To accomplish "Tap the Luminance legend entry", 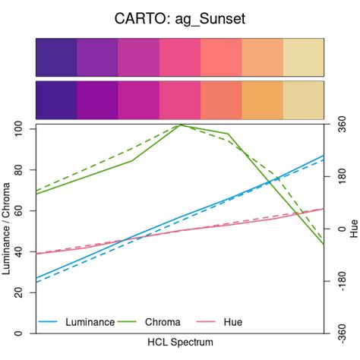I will pos(90,322).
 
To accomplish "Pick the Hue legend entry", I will pos(232,322).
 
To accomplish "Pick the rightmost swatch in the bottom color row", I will pos(303,99).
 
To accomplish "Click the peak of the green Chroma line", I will pos(181,125).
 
